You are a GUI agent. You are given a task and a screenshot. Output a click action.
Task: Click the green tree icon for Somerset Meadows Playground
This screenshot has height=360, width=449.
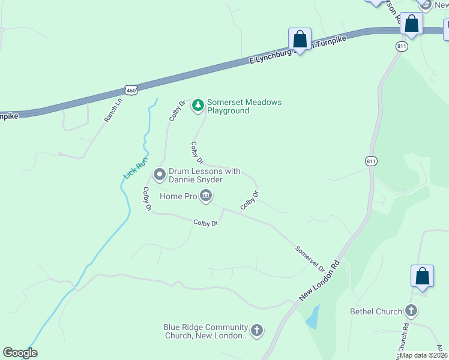click(197, 106)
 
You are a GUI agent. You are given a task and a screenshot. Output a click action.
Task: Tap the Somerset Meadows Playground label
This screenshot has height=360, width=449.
click(244, 106)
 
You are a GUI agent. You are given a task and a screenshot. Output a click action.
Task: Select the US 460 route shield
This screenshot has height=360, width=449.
click(131, 90)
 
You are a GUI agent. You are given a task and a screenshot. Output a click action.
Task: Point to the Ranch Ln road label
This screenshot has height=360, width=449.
click(113, 110)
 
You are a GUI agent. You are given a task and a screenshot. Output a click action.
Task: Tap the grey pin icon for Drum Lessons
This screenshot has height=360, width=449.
click(160, 175)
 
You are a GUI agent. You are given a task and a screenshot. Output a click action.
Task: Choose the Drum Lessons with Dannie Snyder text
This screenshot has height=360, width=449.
click(204, 175)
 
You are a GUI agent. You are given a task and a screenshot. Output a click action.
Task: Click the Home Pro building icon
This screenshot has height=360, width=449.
click(206, 196)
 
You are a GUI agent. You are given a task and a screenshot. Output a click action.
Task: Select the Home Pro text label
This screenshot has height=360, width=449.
click(178, 196)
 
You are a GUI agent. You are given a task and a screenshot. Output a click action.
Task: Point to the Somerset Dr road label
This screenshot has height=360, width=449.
click(310, 258)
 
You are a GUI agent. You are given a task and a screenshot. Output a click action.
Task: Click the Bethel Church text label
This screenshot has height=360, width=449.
click(376, 311)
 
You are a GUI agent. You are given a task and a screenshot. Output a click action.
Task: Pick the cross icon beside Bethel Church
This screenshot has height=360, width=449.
click(411, 311)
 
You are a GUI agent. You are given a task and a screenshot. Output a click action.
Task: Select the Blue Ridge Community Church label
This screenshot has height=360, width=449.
click(205, 332)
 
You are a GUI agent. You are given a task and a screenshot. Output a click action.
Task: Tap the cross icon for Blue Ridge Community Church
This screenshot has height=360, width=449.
click(256, 330)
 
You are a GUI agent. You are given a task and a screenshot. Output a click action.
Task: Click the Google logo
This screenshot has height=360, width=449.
click(20, 353)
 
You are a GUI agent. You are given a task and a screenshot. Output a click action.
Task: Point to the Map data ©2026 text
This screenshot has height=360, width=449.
click(423, 355)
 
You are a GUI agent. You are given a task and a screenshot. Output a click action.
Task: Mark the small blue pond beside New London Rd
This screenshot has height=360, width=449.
click(313, 317)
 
